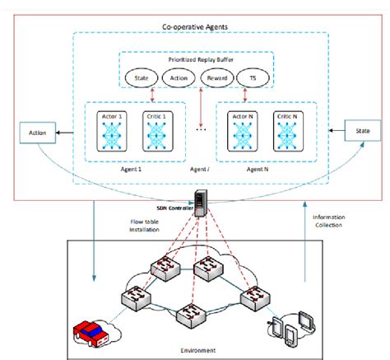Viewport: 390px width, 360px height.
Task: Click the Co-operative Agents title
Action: (x=194, y=28)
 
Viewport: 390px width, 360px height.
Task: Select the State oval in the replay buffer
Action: (x=142, y=78)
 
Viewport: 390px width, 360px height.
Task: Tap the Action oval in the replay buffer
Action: (x=178, y=78)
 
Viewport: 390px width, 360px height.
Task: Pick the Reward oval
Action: (x=216, y=78)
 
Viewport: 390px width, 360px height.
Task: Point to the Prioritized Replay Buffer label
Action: (x=197, y=60)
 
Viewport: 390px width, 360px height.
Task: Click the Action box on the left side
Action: (x=37, y=131)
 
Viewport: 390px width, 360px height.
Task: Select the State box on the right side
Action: (x=360, y=130)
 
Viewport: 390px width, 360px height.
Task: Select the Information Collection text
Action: (x=330, y=222)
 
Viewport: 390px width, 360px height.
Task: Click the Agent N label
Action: (x=260, y=167)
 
